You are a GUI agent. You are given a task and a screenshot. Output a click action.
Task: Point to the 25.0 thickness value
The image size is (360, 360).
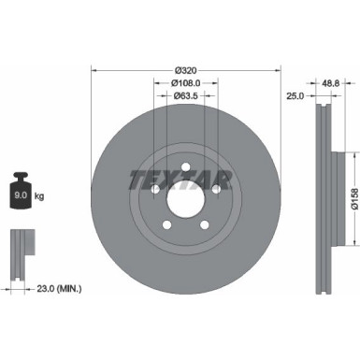[x=295, y=95]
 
